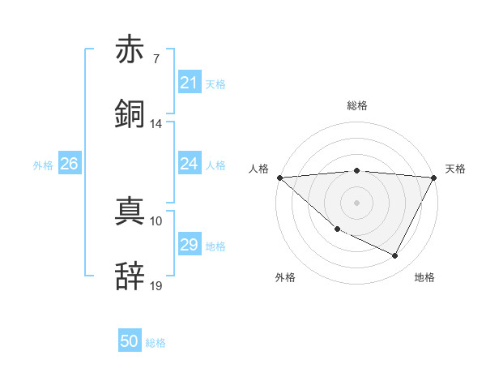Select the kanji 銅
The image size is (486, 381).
pyautogui.click(x=130, y=114)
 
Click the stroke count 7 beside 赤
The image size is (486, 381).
pyautogui.click(x=156, y=59)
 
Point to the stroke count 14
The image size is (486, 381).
pyautogui.click(x=156, y=124)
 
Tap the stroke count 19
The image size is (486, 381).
pyautogui.click(x=156, y=286)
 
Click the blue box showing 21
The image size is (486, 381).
pyautogui.click(x=189, y=83)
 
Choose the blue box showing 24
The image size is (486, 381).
pyautogui.click(x=189, y=164)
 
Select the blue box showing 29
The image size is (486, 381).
pyautogui.click(x=189, y=245)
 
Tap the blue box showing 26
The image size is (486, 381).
pyautogui.click(x=69, y=164)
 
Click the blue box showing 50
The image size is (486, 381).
pyautogui.click(x=130, y=342)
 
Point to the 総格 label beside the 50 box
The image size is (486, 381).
pyautogui.click(x=156, y=343)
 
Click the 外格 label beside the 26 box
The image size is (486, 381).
pyautogui.click(x=43, y=165)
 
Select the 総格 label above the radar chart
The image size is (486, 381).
pyautogui.click(x=357, y=105)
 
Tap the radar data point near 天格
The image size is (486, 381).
pyautogui.click(x=435, y=178)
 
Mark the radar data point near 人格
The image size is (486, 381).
pyautogui.click(x=279, y=178)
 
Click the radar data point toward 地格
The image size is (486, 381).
pyautogui.click(x=395, y=256)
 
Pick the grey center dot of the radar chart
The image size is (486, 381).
pyautogui.click(x=357, y=203)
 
